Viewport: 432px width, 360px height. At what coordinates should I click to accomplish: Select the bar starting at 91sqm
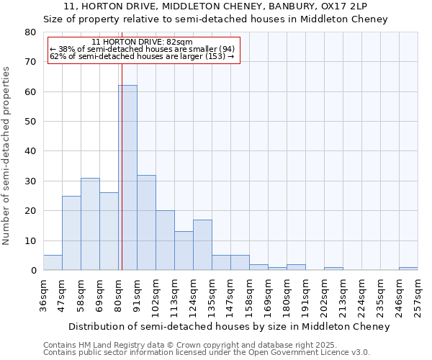pos(146,222)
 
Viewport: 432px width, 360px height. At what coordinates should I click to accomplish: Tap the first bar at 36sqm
pos(53,263)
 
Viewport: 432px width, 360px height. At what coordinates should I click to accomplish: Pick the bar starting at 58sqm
pos(90,224)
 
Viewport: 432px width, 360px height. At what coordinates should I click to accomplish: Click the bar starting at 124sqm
pos(202,245)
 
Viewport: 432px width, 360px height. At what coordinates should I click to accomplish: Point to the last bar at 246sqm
pos(408,269)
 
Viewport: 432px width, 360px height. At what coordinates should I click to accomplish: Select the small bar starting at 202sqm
pos(333,269)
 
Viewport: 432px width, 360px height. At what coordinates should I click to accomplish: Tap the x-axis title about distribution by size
pos(230,326)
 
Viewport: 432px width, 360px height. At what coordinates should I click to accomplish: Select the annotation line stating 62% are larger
pos(142,56)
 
